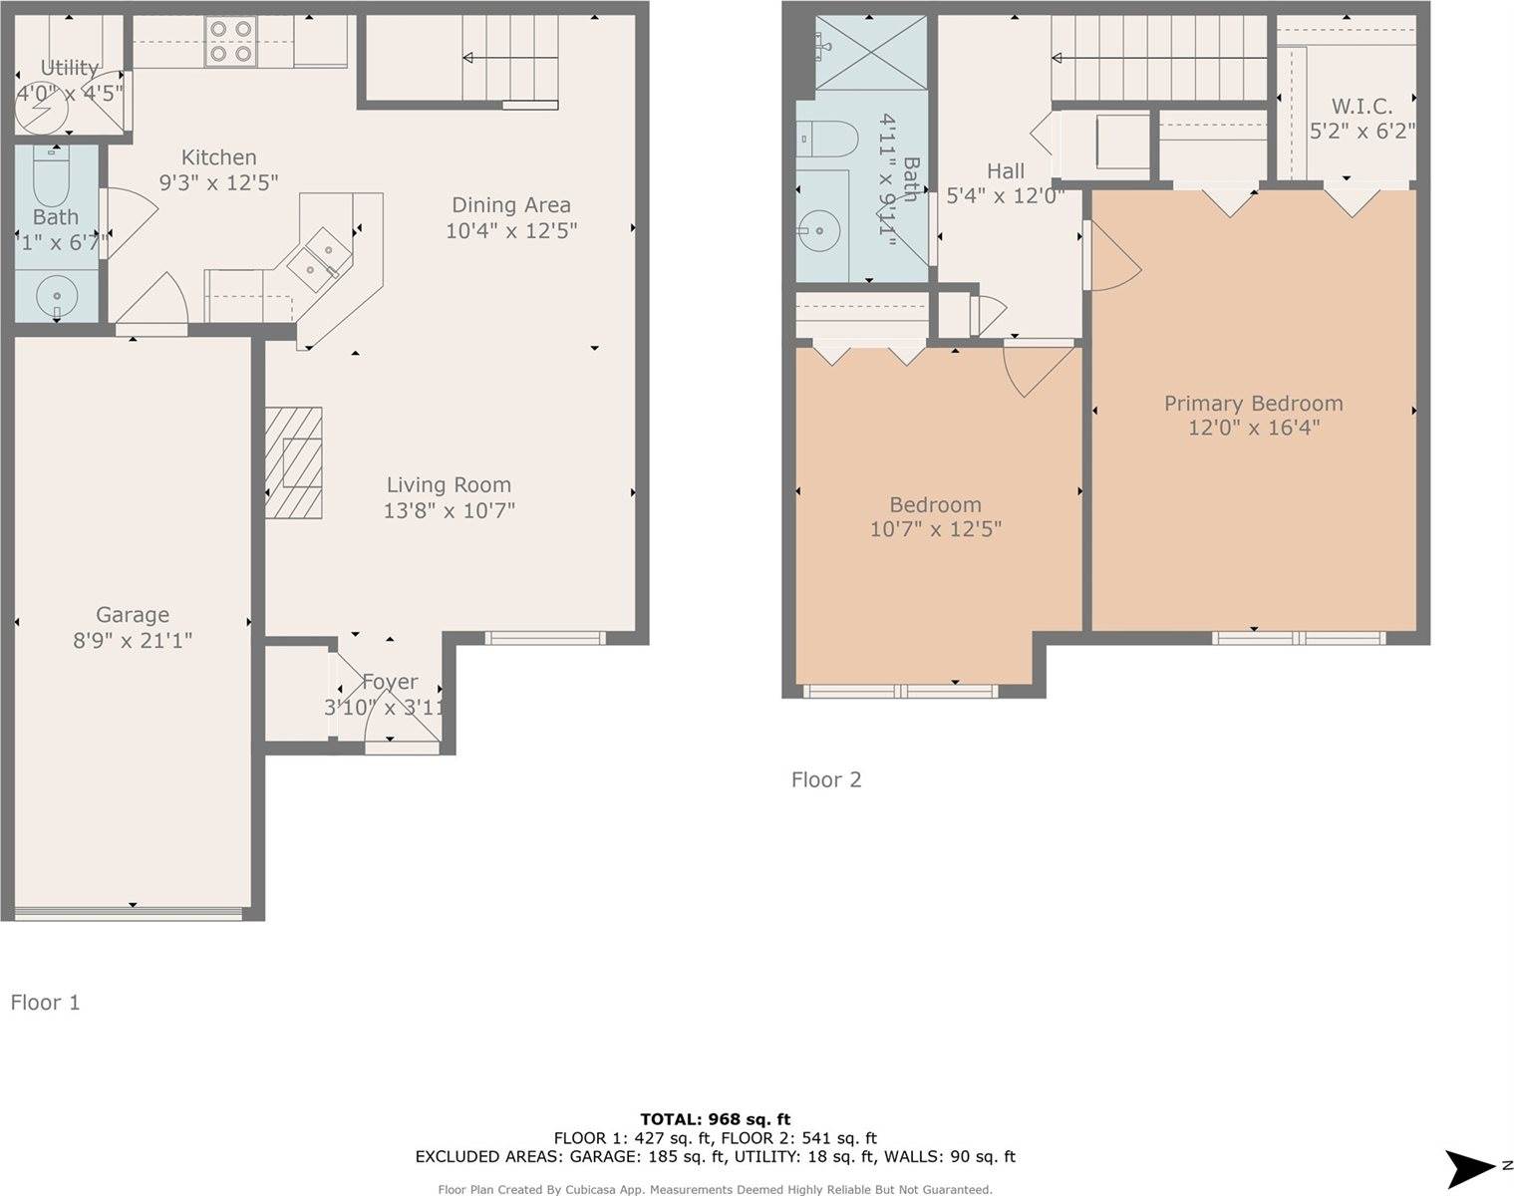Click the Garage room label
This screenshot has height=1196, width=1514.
[132, 615]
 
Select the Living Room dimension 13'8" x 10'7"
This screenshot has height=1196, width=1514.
[449, 510]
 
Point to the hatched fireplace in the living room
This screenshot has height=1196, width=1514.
[294, 462]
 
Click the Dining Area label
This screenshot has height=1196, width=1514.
[511, 205]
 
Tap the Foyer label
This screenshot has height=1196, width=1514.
[390, 682]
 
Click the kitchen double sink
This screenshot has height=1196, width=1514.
[316, 254]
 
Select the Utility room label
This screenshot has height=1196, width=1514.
[69, 68]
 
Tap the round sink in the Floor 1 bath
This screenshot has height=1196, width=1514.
[56, 296]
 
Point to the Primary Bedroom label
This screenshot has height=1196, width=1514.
[1253, 404]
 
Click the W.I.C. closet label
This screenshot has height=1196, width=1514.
[1362, 106]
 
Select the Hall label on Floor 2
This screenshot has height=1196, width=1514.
[1005, 170]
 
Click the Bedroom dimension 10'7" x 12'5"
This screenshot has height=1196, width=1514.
[935, 529]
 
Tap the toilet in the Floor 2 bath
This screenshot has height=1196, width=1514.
[829, 141]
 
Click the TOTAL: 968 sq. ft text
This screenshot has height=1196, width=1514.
[715, 1119]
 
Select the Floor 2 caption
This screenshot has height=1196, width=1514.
[825, 779]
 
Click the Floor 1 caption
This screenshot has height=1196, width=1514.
[45, 1002]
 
